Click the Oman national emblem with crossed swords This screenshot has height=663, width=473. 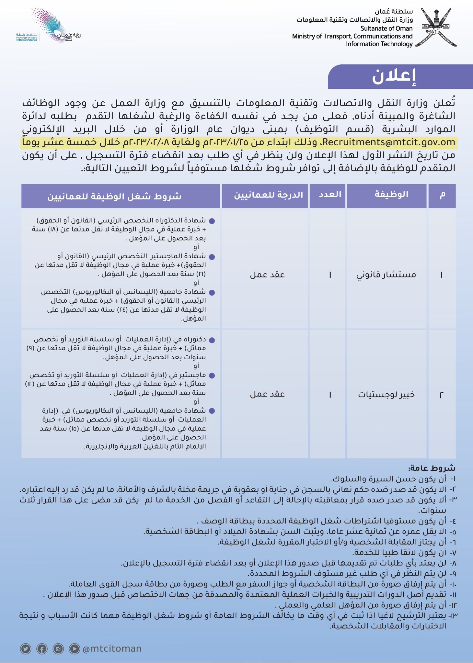point(436,27)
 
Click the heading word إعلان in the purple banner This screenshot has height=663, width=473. point(394,77)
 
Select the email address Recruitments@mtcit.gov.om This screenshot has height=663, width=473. point(389,142)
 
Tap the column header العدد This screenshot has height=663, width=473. point(330,195)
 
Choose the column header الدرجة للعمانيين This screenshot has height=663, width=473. point(268,195)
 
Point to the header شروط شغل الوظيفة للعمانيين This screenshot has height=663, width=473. point(114,196)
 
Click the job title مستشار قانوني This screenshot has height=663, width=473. point(386,275)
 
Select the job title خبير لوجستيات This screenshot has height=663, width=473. point(386,395)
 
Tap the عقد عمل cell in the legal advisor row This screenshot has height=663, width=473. point(267,275)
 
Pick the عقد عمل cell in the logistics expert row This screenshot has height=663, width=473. point(267,394)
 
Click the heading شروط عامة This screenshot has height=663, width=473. point(432,468)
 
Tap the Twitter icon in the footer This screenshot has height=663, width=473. point(26,649)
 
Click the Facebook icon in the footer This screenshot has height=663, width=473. point(42,649)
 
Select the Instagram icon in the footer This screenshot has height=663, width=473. point(58,649)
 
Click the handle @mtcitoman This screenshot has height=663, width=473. point(112,649)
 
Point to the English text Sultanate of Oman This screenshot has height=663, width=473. point(386,28)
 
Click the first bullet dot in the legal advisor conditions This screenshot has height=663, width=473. point(212,221)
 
